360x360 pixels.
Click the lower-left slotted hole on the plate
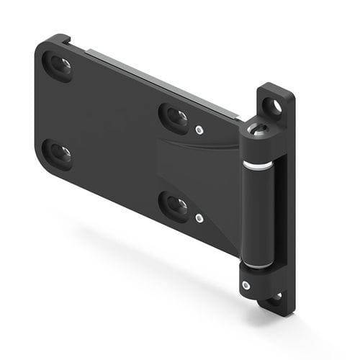pos(58,153)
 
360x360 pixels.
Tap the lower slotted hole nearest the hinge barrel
pos(174,205)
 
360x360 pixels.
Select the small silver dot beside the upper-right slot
pos(199,130)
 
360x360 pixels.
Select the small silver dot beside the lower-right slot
pos(199,218)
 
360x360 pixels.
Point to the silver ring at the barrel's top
pos(257,165)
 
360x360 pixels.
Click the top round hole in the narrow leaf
pos(272,107)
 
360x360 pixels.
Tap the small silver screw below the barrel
pos(247,285)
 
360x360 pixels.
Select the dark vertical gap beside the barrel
pos(279,209)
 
